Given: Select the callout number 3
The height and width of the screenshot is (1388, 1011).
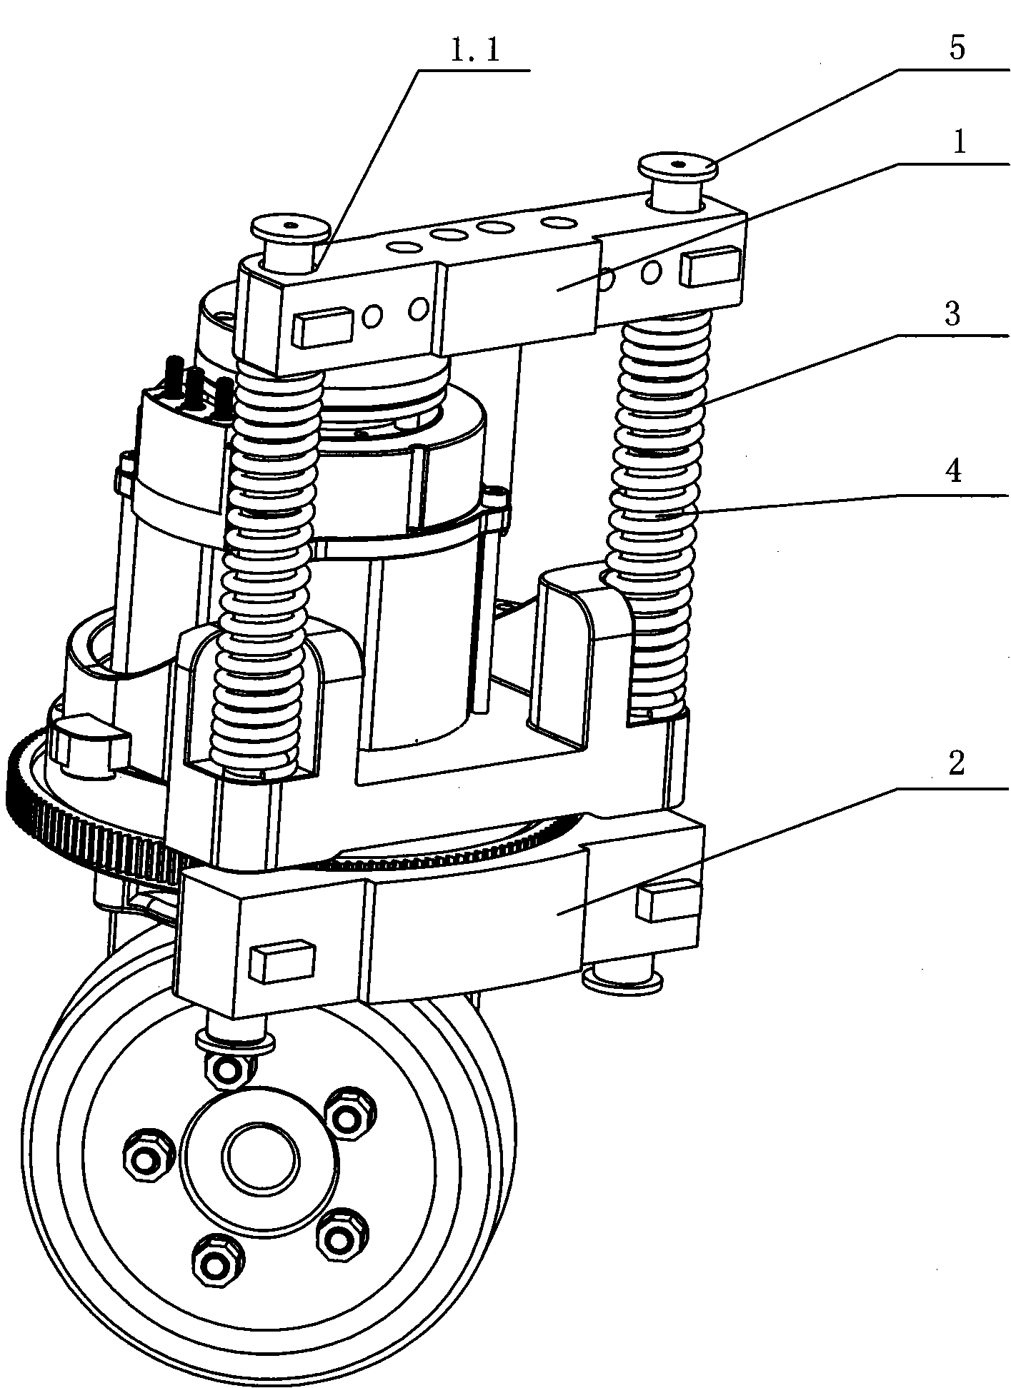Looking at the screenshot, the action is pos(953,313).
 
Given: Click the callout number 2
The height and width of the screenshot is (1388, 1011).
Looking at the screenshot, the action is pos(956,765).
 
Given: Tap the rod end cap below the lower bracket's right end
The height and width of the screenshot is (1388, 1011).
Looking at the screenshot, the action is pos(622,977).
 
